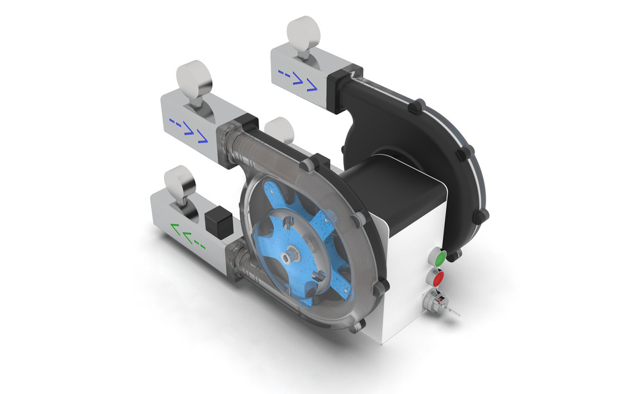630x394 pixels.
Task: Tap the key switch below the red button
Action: click(435, 302)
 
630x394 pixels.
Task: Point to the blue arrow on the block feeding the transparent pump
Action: click(188, 127)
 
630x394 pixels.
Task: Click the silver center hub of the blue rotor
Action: click(288, 252)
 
